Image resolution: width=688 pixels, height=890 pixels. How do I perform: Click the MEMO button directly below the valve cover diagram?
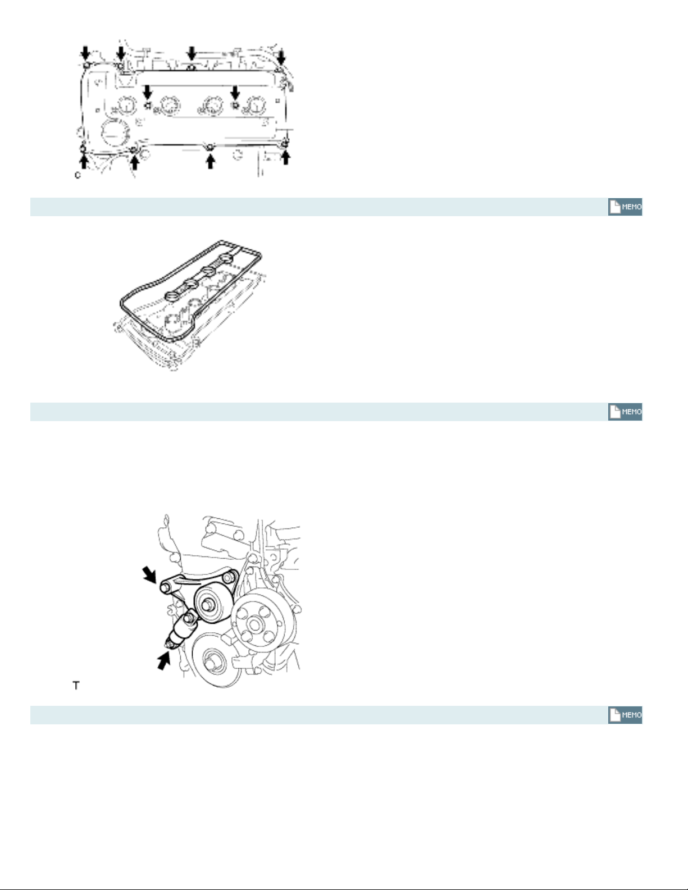click(x=625, y=207)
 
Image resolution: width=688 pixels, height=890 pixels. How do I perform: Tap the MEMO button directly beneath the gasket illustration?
click(x=625, y=412)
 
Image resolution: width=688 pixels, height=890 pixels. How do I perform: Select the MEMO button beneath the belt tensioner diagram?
click(x=625, y=715)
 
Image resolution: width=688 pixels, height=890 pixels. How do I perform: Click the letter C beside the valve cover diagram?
click(x=78, y=175)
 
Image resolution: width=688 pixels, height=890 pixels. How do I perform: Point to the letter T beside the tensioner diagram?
click(x=76, y=685)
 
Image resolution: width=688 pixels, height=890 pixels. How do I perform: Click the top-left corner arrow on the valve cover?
click(x=85, y=53)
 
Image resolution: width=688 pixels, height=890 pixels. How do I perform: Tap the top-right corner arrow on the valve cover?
click(x=281, y=57)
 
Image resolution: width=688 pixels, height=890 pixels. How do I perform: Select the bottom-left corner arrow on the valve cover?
click(x=84, y=159)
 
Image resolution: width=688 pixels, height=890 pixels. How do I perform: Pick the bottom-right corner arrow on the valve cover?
click(x=286, y=157)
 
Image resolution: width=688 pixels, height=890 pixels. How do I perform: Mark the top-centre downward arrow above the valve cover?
click(x=192, y=53)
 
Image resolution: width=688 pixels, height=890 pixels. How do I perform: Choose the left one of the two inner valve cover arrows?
click(x=147, y=92)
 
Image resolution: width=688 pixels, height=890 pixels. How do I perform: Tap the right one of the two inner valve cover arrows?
click(x=235, y=92)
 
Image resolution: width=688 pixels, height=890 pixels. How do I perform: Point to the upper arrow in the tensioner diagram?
click(x=149, y=574)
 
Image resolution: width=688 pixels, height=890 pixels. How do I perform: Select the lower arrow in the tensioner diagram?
click(x=164, y=661)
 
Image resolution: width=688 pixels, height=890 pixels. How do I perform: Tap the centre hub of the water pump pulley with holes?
click(x=254, y=625)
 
